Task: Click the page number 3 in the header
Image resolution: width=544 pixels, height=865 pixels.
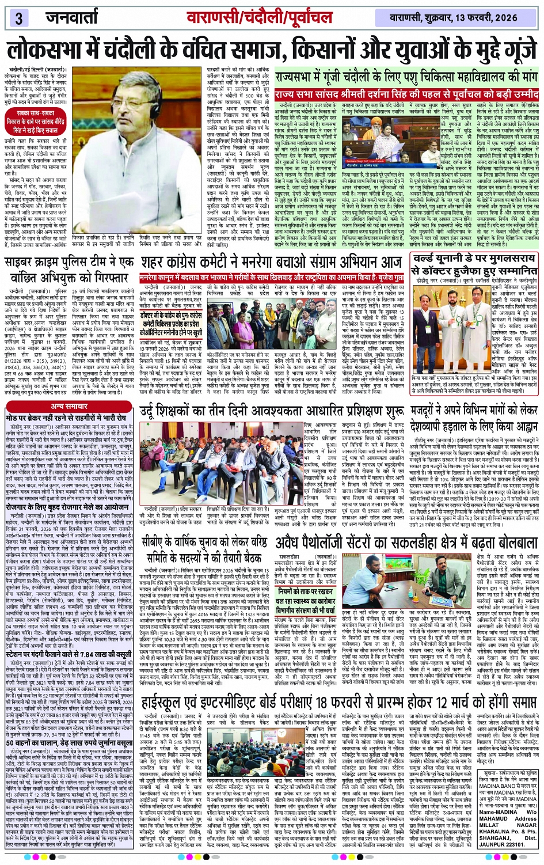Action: tap(19, 18)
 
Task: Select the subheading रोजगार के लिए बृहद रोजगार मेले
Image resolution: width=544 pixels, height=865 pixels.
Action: tap(68, 507)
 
